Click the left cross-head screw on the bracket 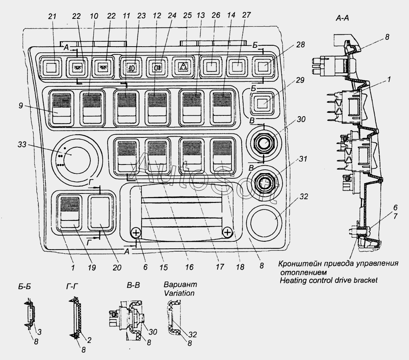coord(136,232)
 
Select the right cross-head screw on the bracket coord(228,232)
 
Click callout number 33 coord(22,144)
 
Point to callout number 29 coord(300,80)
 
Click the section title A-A coord(342,18)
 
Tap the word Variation coord(179,293)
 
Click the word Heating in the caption coord(291,281)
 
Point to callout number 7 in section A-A coord(395,216)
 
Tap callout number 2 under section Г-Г coord(89,340)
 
